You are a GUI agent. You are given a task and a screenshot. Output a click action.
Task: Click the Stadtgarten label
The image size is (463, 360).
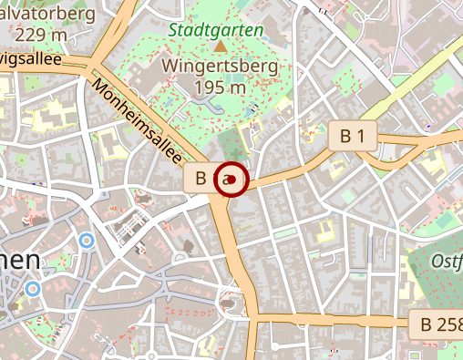pos(216,29)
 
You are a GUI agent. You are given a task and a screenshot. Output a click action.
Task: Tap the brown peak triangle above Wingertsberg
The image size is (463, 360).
pos(221,46)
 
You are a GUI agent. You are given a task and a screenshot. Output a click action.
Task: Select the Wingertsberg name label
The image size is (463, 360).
pos(216,67)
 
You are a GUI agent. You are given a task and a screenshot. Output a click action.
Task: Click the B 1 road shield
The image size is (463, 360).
pos(353,137)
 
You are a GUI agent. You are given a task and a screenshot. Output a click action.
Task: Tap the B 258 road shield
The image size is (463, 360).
pos(436,324)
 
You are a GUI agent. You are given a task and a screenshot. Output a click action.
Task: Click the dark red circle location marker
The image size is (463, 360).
pos(232,180)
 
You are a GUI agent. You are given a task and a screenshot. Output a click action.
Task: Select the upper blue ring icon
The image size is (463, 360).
pos(87,241)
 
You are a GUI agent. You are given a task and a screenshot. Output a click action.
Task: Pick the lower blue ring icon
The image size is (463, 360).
pos(34,289)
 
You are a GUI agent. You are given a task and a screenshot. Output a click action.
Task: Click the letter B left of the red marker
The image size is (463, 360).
pos(201,178)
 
